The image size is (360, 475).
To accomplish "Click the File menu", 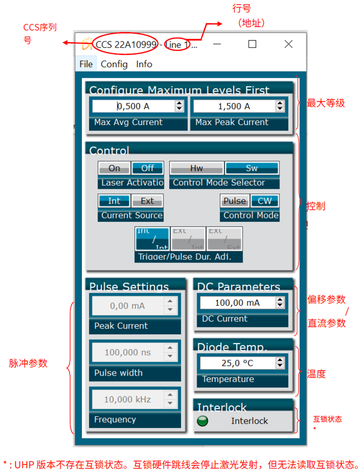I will tap(86, 64).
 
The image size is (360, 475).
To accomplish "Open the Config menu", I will tap(114, 64).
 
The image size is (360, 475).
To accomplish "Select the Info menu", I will tap(144, 64).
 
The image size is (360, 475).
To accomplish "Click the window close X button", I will tap(288, 44).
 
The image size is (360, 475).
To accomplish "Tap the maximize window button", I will tap(252, 44).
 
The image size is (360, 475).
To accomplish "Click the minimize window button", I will tap(217, 44).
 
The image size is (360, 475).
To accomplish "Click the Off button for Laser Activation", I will tap(148, 168).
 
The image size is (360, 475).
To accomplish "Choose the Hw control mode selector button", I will tap(197, 168).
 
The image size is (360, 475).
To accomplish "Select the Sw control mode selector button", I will tap(252, 168).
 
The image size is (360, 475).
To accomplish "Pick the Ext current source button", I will tap(147, 201).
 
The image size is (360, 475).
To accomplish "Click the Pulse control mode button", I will tap(235, 201).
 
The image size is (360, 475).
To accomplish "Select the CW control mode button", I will tap(265, 201).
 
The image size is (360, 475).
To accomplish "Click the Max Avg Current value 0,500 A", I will tap(133, 106).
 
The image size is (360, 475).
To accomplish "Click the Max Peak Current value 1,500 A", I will tap(234, 106).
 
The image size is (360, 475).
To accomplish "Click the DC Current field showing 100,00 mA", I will tap(236, 303).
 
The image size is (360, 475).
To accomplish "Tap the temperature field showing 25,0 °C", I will tap(236, 363).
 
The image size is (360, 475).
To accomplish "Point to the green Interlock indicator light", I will tap(203, 421).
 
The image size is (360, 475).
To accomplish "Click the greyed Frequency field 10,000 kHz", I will tap(127, 399).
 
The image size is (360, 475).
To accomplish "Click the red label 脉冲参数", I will tap(28, 363).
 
